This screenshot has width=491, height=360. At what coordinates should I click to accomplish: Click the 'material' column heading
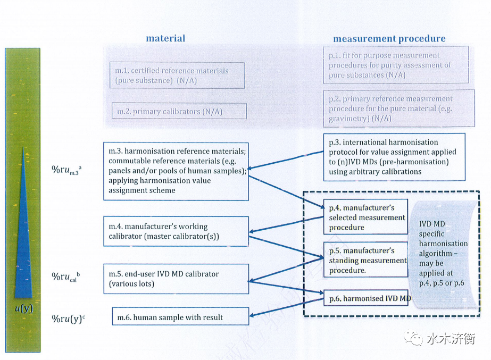click(x=165, y=38)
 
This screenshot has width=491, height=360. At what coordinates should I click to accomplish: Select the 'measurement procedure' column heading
click(x=389, y=39)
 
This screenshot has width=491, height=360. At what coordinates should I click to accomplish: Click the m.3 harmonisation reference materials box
click(x=176, y=171)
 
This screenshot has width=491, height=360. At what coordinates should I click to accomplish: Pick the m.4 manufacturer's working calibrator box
click(x=176, y=231)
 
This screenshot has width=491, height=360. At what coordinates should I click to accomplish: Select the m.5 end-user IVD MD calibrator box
click(x=176, y=279)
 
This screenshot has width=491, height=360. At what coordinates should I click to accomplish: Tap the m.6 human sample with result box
click(x=180, y=317)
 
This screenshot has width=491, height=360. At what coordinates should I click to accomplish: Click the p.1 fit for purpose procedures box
click(x=395, y=65)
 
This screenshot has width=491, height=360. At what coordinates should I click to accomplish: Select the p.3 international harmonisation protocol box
click(x=393, y=157)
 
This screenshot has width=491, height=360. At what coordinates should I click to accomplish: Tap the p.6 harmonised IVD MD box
click(x=367, y=298)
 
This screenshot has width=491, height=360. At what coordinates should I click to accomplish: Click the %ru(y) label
click(x=68, y=319)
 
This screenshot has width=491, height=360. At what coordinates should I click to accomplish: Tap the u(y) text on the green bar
click(x=23, y=307)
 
